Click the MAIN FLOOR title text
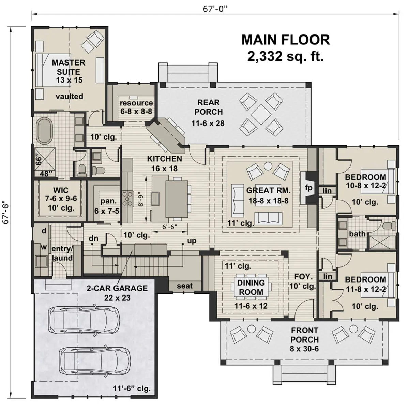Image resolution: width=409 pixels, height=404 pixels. coord(286,40)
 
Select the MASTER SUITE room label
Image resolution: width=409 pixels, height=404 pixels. coord(69,67)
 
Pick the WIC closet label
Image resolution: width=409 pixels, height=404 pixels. coord(61,190)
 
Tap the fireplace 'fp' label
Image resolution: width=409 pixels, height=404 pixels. coord(308,188)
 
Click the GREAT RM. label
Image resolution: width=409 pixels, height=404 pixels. coord(268,190)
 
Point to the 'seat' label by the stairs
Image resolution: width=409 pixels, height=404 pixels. coord(185,286)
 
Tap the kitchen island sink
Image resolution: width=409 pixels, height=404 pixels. coord(155,199)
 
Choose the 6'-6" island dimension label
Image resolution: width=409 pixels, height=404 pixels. coord(170,227)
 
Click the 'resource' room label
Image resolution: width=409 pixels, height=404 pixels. coord(136,103)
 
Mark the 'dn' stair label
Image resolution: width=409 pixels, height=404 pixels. coord(93,239)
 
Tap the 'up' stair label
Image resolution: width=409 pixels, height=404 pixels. coord(192,241)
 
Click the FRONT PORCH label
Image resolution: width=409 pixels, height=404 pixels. coord(305,335)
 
